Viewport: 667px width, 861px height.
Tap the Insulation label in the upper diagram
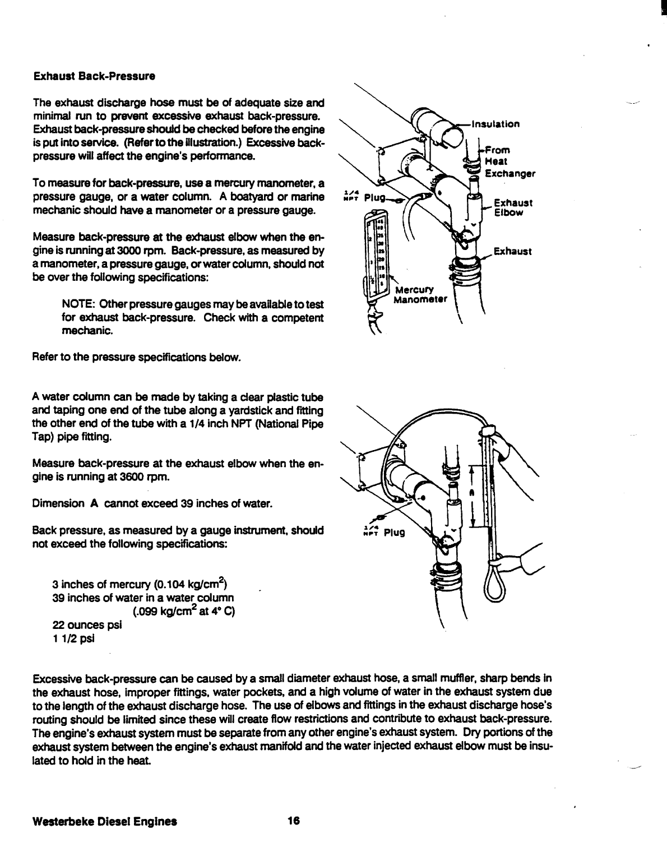click(495, 124)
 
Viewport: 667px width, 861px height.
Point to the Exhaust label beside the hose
click(512, 251)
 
